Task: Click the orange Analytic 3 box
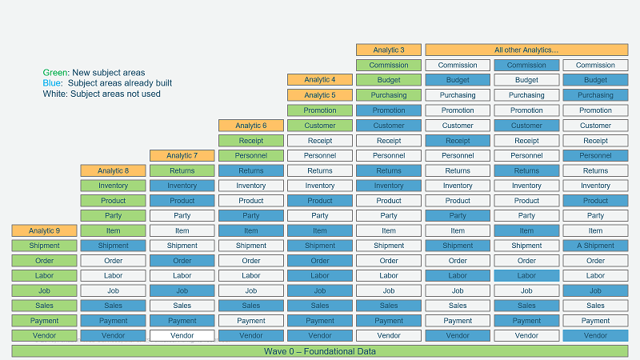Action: [388, 50]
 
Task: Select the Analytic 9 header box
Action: [45, 230]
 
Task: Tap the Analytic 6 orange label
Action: [251, 126]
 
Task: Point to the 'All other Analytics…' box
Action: [526, 50]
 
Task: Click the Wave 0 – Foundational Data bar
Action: [320, 351]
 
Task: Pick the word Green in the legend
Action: [55, 73]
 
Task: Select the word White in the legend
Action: [55, 94]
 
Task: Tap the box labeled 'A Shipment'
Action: [595, 246]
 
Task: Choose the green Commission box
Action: [388, 65]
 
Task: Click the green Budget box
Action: [388, 80]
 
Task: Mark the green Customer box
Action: [320, 126]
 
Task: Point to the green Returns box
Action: [182, 170]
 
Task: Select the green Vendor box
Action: [45, 336]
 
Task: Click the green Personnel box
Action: [251, 155]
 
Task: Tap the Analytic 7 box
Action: [182, 155]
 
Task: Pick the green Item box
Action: [114, 230]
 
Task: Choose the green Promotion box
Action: [320, 110]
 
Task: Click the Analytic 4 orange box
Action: [320, 80]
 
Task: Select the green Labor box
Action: [45, 276]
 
